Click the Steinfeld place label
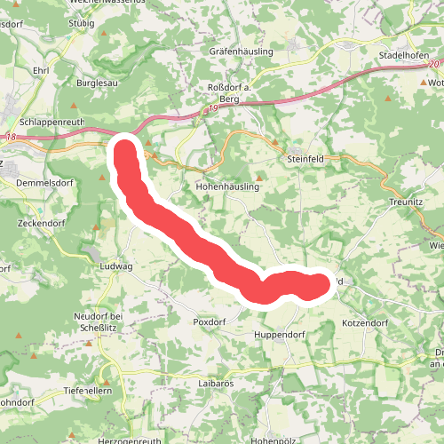(308, 158)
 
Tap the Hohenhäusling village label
(226, 188)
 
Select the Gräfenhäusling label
(241, 52)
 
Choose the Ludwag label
(115, 266)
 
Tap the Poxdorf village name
(210, 321)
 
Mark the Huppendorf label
(281, 335)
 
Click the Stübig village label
(81, 24)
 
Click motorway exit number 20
(432, 65)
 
